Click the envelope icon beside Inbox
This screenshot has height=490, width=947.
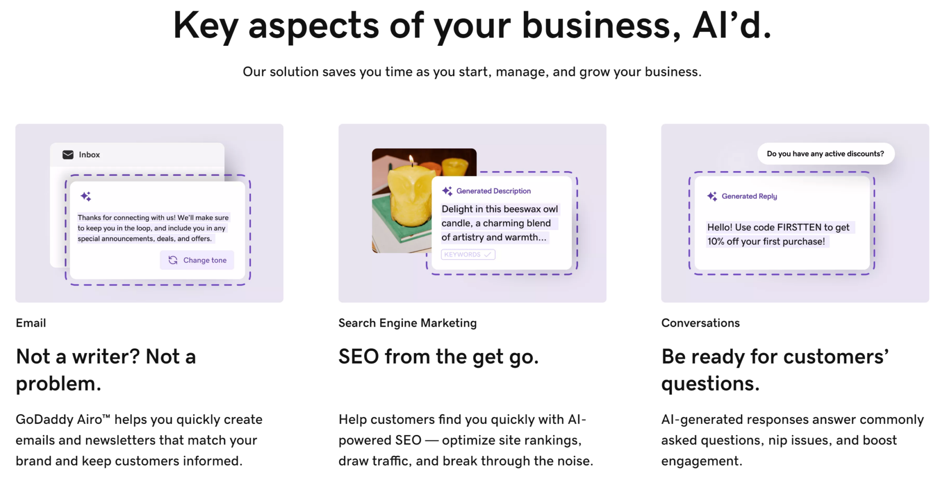point(68,155)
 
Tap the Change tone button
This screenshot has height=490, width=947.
point(197,260)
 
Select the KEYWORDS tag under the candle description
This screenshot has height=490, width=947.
point(468,254)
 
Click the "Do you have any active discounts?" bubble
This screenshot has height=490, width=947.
point(825,154)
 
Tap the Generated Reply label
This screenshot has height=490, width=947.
point(749,196)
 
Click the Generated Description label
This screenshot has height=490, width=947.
point(493,191)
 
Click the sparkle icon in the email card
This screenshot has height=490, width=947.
point(86,196)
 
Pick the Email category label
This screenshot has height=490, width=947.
point(31,323)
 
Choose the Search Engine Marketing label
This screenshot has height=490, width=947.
point(407,323)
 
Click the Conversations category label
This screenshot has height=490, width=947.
point(701,323)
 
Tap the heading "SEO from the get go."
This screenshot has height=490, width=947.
point(439,357)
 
